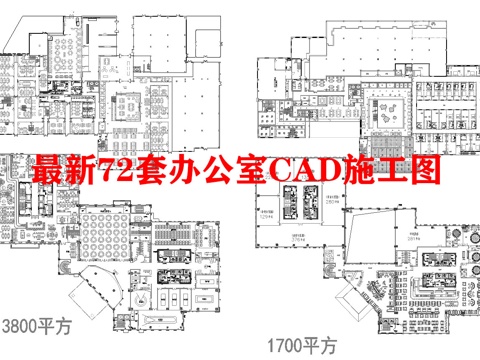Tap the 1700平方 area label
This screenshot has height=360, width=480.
pyautogui.click(x=301, y=347)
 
